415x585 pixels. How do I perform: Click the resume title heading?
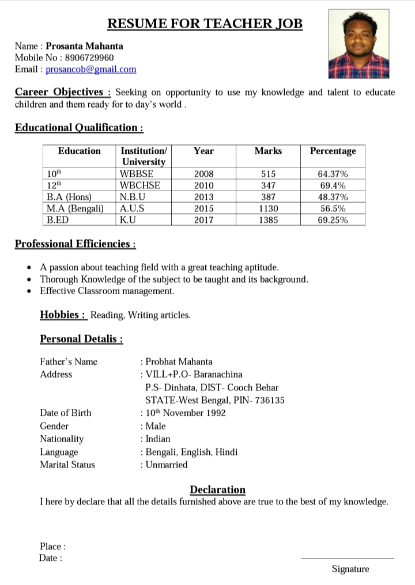pyautogui.click(x=205, y=24)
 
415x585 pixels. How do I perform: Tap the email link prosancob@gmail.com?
pyautogui.click(x=91, y=69)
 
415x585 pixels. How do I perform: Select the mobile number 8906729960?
pyautogui.click(x=89, y=58)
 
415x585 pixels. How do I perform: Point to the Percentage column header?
pyautogui.click(x=333, y=151)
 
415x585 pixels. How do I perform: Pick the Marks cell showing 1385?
pyautogui.click(x=268, y=220)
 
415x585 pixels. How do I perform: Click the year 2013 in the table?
pyautogui.click(x=203, y=197)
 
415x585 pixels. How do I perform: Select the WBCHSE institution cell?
pyautogui.click(x=139, y=185)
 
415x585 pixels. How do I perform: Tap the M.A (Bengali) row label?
pyautogui.click(x=75, y=208)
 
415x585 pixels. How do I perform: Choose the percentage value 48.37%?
pyautogui.click(x=333, y=197)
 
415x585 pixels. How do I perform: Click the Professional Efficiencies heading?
pyautogui.click(x=75, y=244)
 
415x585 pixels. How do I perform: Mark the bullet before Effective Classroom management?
pyautogui.click(x=29, y=291)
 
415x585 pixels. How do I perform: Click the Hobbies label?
pyautogui.click(x=63, y=314)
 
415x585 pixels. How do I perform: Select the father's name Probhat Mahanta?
pyautogui.click(x=179, y=362)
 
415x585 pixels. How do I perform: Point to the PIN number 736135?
pyautogui.click(x=270, y=400)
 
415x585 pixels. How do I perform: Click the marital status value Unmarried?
pyautogui.click(x=167, y=465)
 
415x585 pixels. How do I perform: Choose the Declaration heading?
pyautogui.click(x=217, y=489)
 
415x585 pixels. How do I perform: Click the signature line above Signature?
pyautogui.click(x=348, y=558)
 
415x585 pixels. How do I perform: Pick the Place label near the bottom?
pyautogui.click(x=52, y=546)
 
